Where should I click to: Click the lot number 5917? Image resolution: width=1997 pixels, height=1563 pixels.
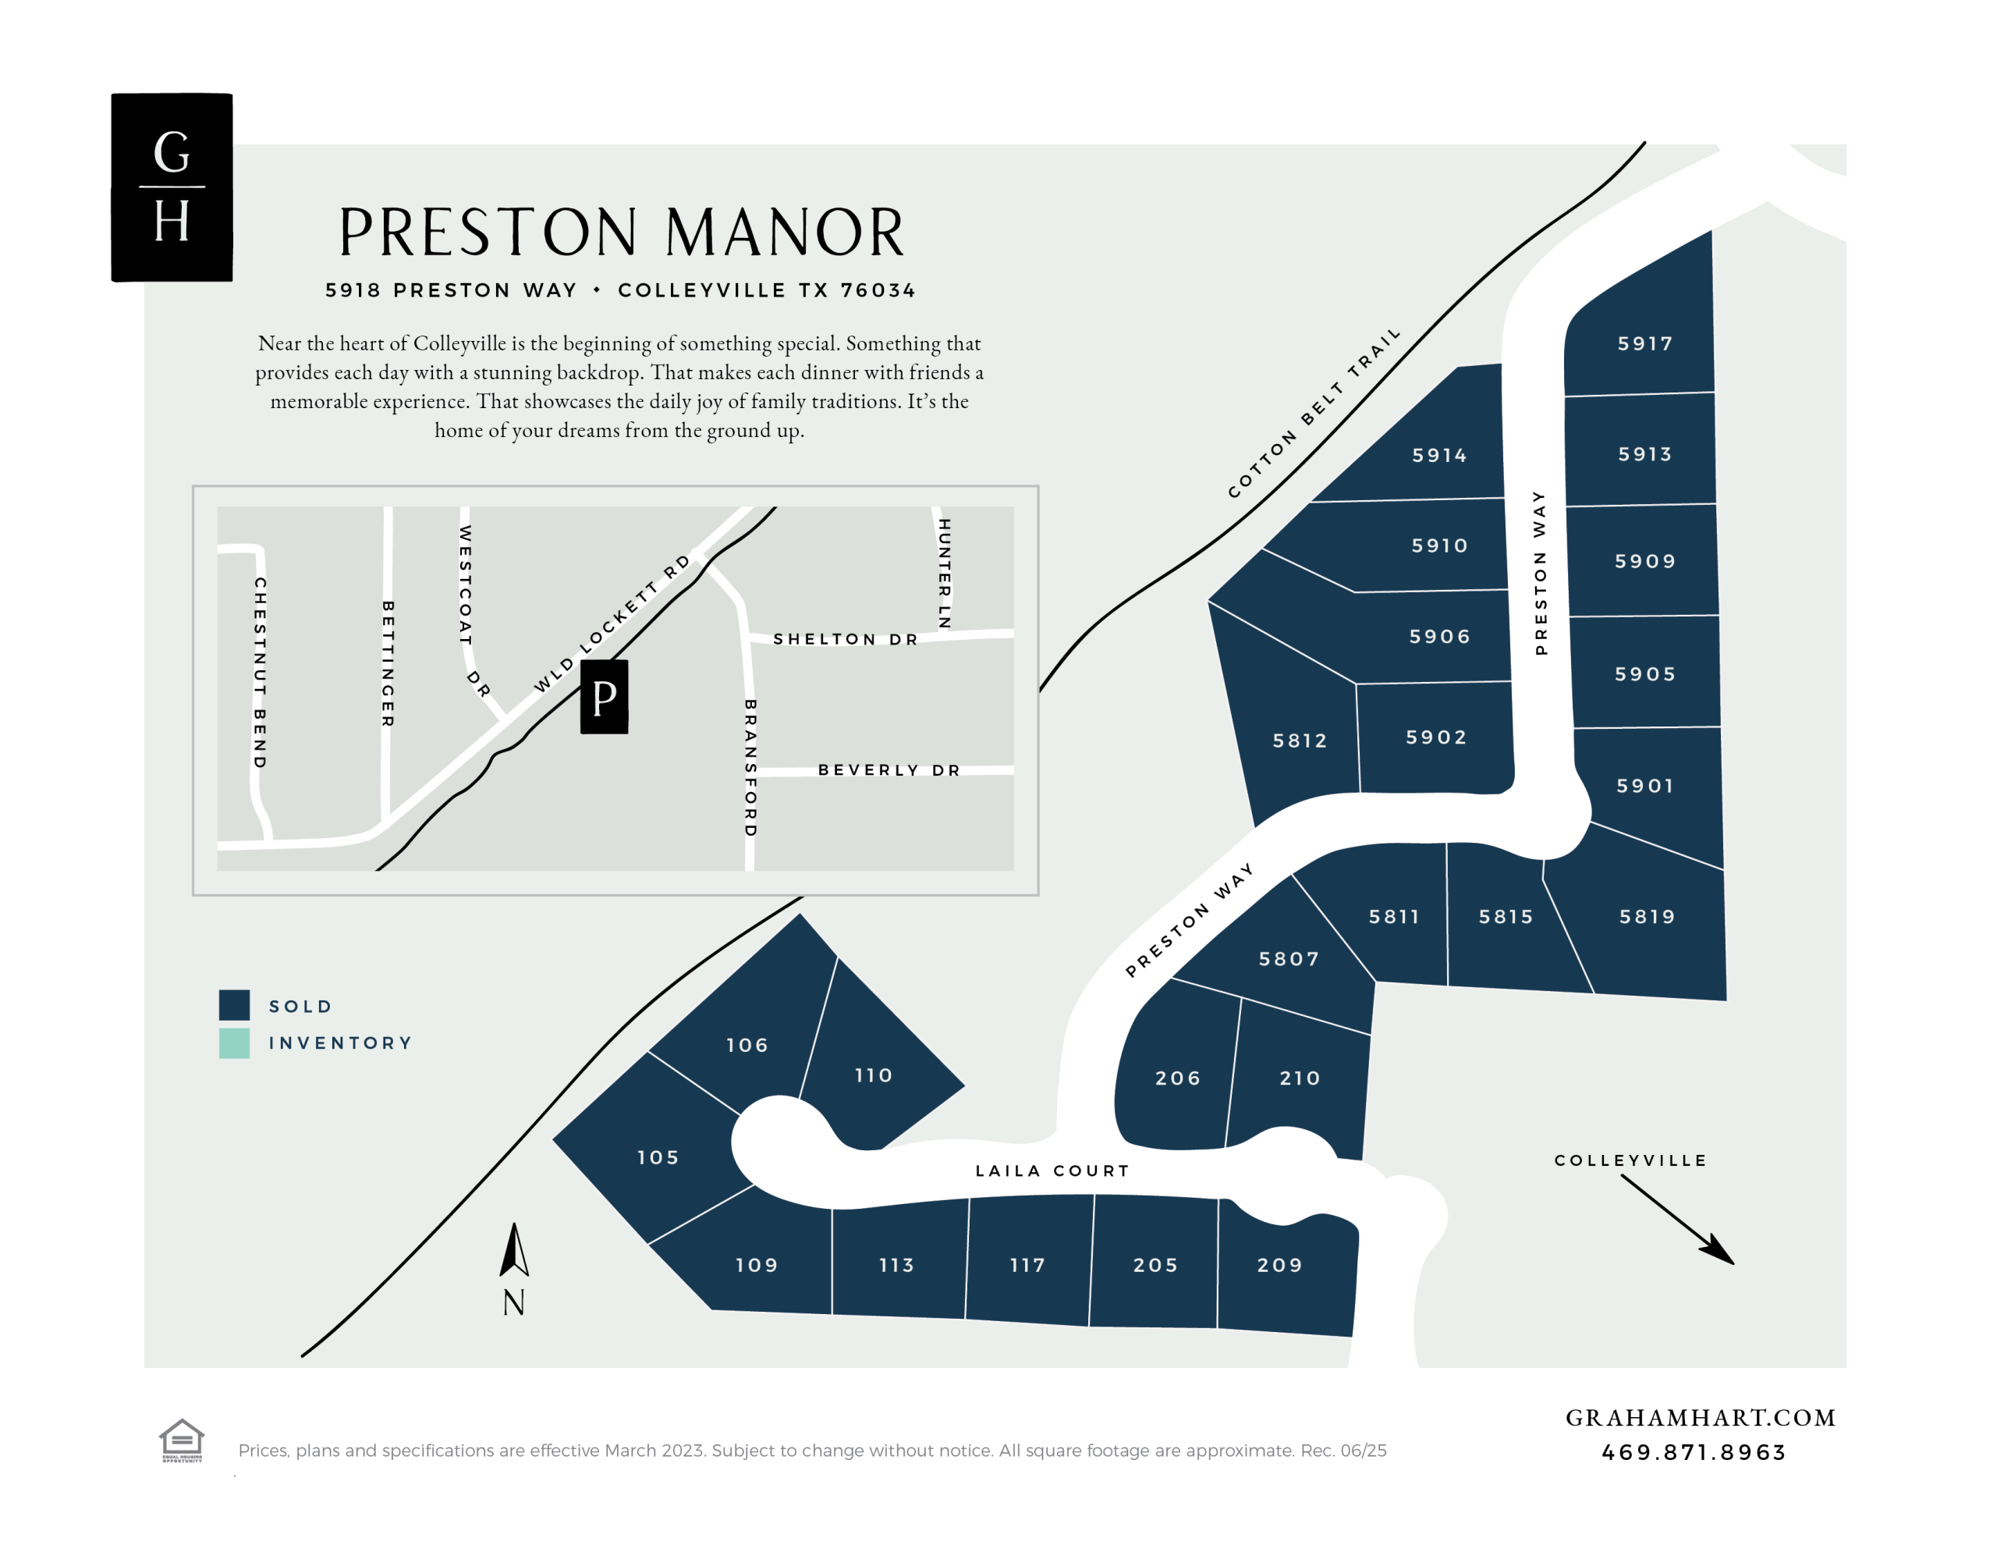pyautogui.click(x=1644, y=344)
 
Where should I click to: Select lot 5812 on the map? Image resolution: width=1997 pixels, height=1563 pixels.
pyautogui.click(x=1299, y=741)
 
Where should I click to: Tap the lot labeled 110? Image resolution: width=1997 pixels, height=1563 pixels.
pyautogui.click(x=874, y=1075)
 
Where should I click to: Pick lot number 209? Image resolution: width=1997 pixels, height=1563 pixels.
pyautogui.click(x=1279, y=1265)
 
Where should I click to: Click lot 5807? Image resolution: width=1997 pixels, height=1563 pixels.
pyautogui.click(x=1289, y=959)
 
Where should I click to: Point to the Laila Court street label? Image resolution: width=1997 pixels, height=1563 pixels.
pyautogui.click(x=1052, y=1170)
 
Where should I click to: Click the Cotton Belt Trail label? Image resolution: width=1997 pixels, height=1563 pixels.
pyautogui.click(x=1314, y=414)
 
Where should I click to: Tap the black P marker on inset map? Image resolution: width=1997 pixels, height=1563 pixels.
pyautogui.click(x=604, y=698)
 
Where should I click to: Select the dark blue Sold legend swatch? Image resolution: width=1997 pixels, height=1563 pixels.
pyautogui.click(x=234, y=1005)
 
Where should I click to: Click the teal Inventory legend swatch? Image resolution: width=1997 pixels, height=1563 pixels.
pyautogui.click(x=234, y=1043)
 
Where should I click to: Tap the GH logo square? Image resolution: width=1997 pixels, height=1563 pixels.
pyautogui.click(x=172, y=187)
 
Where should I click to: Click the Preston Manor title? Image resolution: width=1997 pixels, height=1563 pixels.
pyautogui.click(x=622, y=233)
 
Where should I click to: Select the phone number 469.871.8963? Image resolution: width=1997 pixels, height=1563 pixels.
pyautogui.click(x=1694, y=1453)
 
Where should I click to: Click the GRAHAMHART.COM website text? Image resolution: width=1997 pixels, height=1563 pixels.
pyautogui.click(x=1701, y=1418)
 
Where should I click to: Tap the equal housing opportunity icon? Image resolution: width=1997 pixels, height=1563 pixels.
pyautogui.click(x=181, y=1440)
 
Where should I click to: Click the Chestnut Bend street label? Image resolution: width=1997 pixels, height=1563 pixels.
pyautogui.click(x=260, y=673)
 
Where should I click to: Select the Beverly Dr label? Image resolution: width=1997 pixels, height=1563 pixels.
pyautogui.click(x=889, y=769)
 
